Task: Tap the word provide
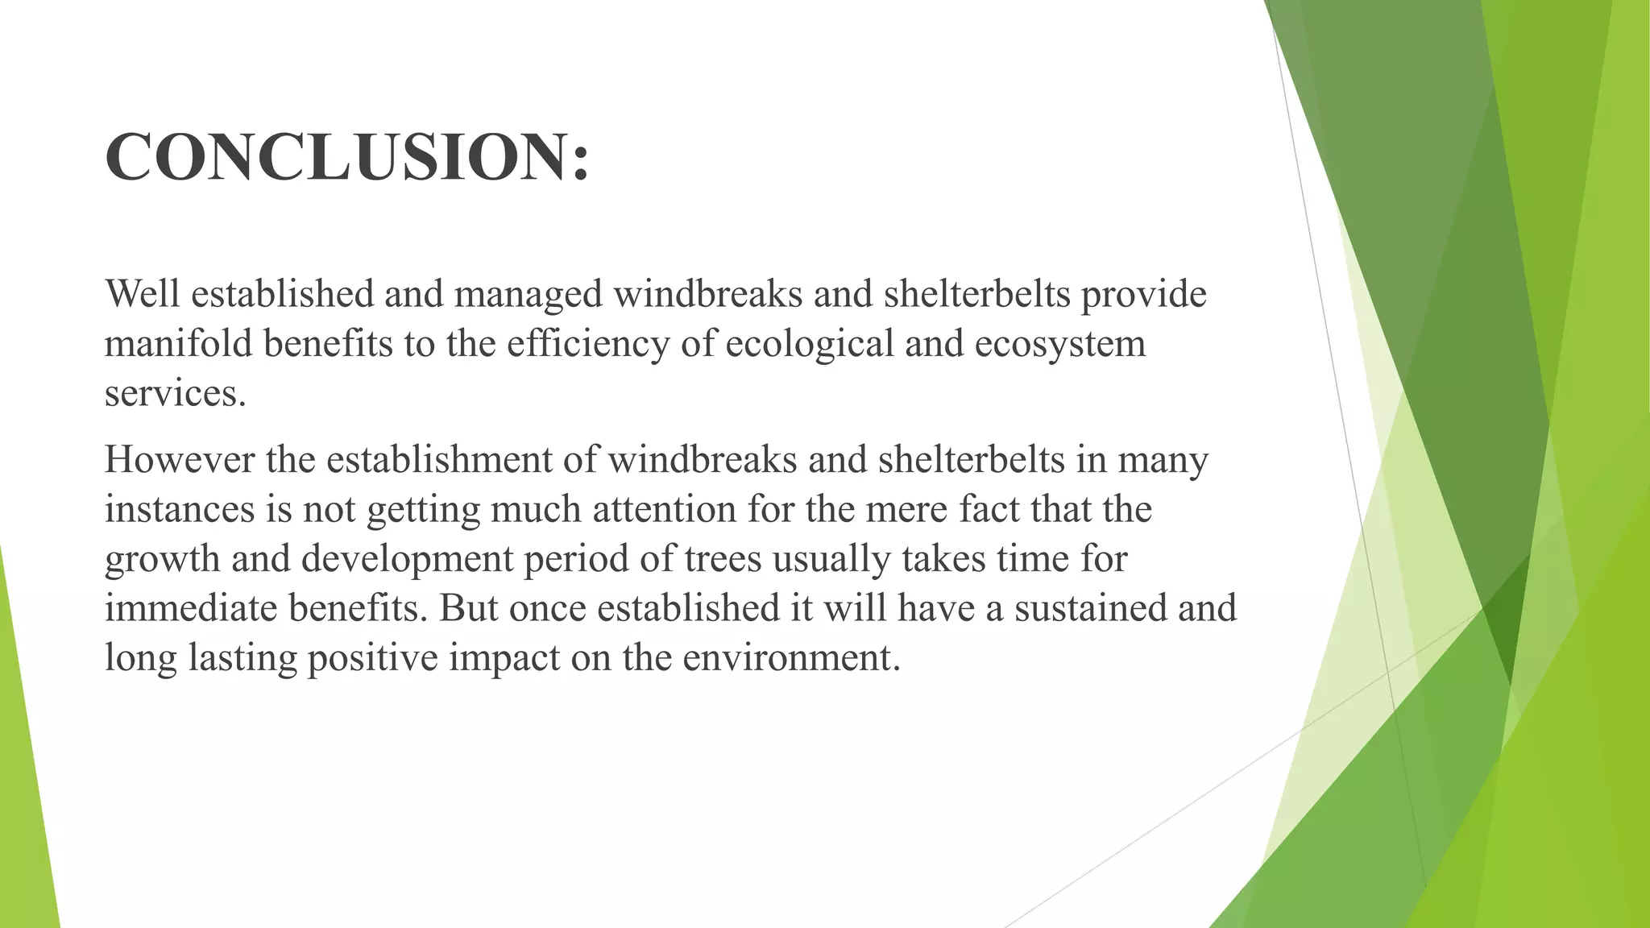1143,295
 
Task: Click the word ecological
810,345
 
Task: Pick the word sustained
1091,608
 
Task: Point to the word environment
790,658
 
